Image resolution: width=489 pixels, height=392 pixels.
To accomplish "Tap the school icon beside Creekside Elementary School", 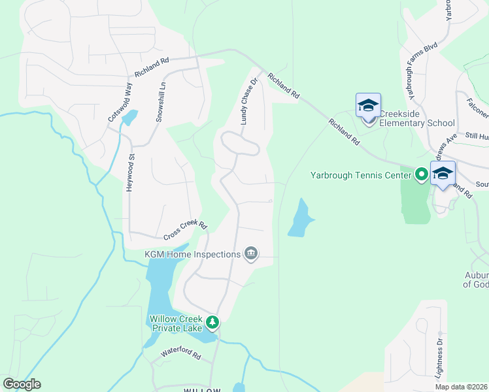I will (x=368, y=106).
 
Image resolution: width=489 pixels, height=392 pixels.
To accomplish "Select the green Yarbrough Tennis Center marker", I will (x=422, y=174).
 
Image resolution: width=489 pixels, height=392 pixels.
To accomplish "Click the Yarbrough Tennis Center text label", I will (x=361, y=175).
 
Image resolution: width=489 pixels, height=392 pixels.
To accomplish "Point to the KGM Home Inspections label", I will (x=192, y=253).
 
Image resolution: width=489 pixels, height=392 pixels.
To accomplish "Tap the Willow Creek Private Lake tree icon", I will (x=212, y=322).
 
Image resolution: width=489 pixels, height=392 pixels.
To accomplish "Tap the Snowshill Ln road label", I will (x=160, y=101).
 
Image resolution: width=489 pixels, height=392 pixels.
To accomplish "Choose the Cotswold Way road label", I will (x=120, y=101).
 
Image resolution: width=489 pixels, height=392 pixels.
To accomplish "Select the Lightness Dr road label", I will (x=439, y=358).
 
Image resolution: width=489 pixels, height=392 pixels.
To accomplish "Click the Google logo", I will (x=22, y=384).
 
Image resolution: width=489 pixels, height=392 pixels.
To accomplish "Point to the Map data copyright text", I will (x=461, y=387).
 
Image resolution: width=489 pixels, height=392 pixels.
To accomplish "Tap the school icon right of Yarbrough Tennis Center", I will (x=443, y=174).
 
